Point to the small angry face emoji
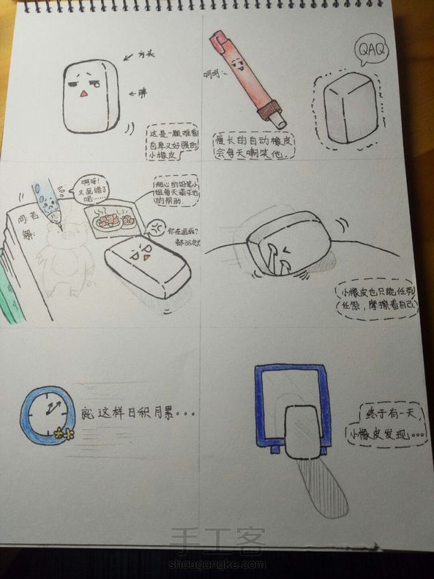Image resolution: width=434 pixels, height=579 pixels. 157,227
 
